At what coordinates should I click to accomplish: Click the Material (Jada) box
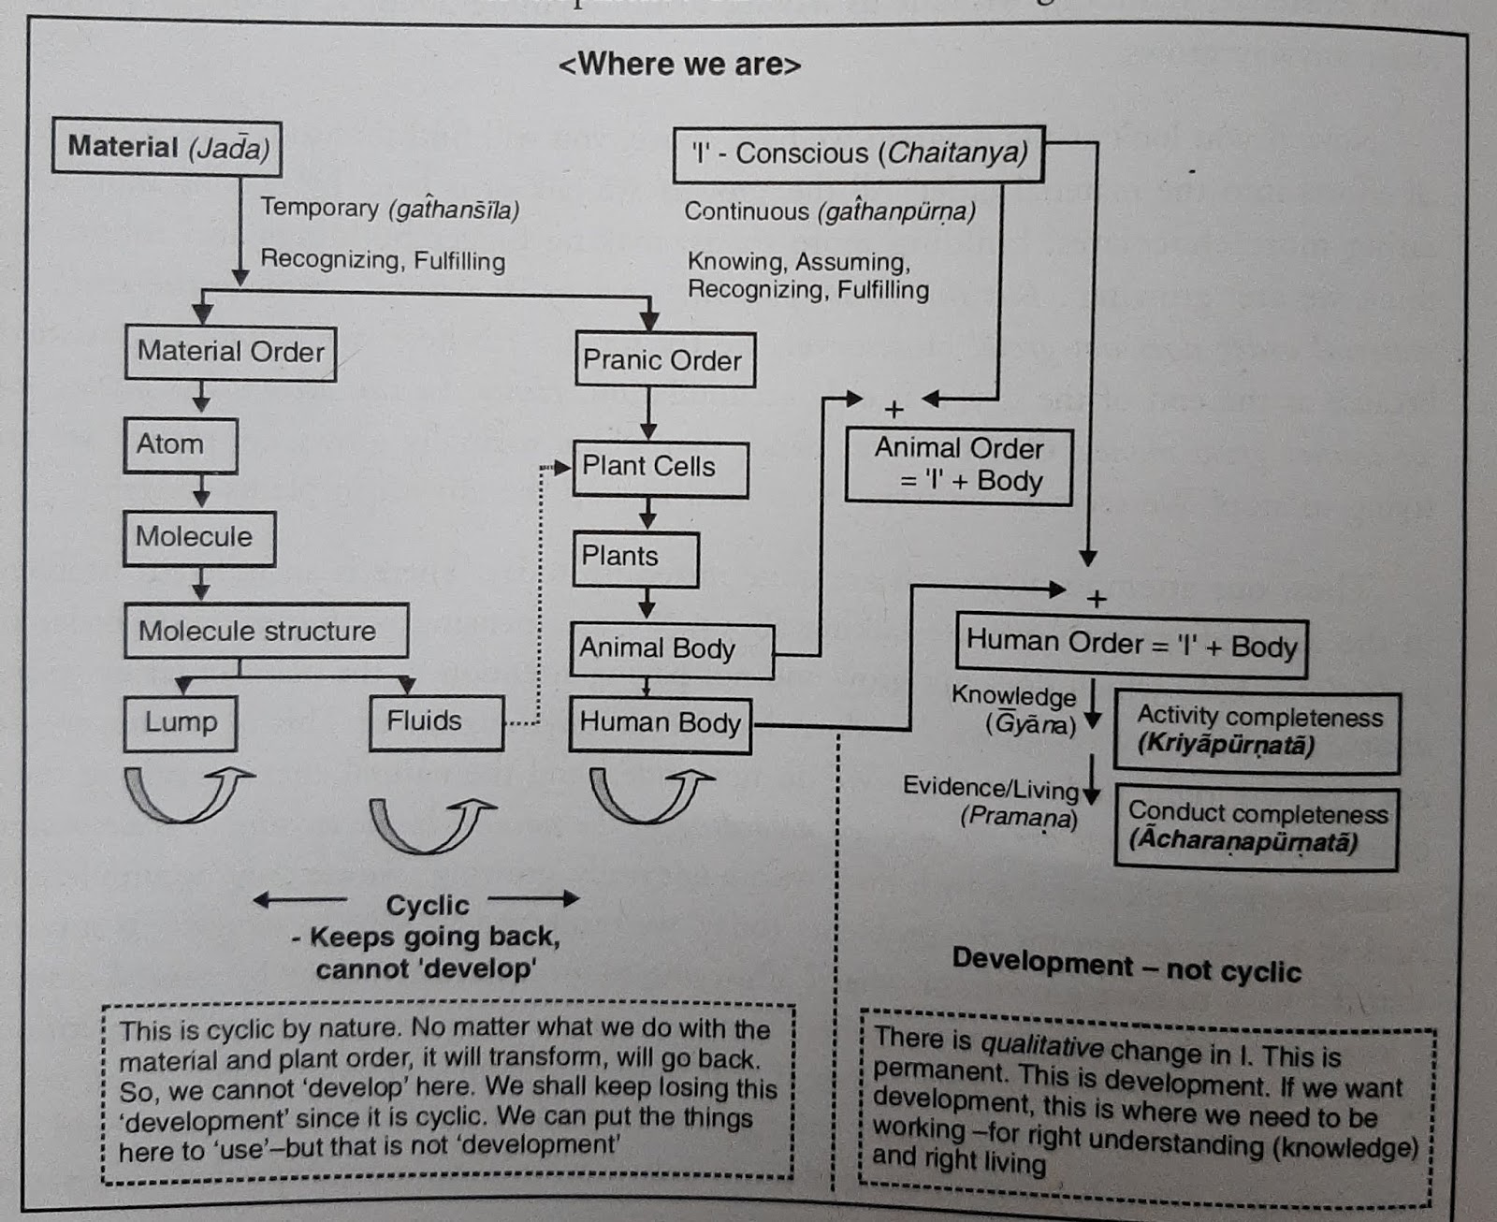pyautogui.click(x=167, y=146)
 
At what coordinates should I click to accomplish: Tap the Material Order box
pyautogui.click(x=230, y=352)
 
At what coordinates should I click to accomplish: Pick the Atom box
pyautogui.click(x=180, y=444)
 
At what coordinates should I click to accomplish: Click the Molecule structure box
pyautogui.click(x=266, y=631)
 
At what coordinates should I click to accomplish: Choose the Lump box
pyautogui.click(x=180, y=722)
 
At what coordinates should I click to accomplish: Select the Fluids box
pyautogui.click(x=435, y=721)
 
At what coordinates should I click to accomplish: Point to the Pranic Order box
pyautogui.click(x=664, y=360)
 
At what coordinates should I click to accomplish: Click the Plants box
pyautogui.click(x=634, y=558)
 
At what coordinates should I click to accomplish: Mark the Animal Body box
pyautogui.click(x=670, y=649)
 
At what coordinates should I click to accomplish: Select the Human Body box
pyautogui.click(x=660, y=723)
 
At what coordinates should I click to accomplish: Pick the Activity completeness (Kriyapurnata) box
pyautogui.click(x=1257, y=732)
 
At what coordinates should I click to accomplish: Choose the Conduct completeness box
pyautogui.click(x=1256, y=827)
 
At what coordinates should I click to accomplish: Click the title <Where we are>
pyautogui.click(x=679, y=65)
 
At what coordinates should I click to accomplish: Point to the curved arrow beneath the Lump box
pyautogui.click(x=187, y=793)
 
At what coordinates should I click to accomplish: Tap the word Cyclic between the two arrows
pyautogui.click(x=427, y=905)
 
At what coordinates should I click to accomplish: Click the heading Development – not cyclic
pyautogui.click(x=1126, y=967)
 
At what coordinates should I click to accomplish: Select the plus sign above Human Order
pyautogui.click(x=1097, y=599)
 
